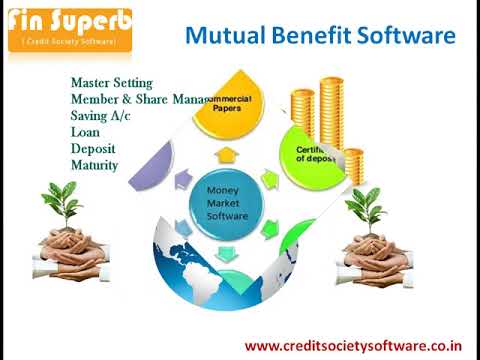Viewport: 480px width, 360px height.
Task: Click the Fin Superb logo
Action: point(68,30)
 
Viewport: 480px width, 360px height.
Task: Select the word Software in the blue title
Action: point(410,38)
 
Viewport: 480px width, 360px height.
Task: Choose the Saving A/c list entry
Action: point(101,116)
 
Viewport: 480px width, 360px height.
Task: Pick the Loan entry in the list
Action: point(85,132)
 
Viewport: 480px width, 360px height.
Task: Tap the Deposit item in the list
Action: point(93,148)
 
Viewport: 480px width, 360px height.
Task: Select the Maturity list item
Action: point(95,164)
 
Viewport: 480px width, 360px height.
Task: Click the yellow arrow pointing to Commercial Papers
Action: point(227,154)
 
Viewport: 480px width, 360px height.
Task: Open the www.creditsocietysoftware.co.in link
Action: point(354,346)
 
